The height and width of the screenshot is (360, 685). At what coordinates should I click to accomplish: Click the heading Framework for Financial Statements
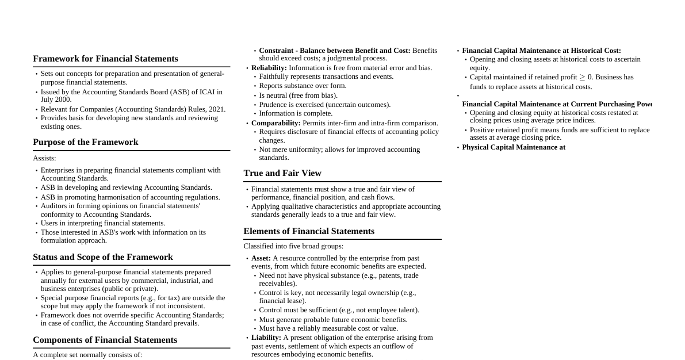[105, 59]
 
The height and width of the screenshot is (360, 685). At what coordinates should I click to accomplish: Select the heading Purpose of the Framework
[85, 142]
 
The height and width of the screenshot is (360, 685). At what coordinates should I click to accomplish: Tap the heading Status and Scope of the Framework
[102, 257]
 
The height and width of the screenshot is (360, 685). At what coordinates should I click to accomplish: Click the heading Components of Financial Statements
[105, 340]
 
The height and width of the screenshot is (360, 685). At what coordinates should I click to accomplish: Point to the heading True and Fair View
[282, 173]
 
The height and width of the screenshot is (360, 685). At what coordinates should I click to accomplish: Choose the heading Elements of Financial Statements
[308, 231]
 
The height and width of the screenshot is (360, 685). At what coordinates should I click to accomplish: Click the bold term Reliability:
[269, 68]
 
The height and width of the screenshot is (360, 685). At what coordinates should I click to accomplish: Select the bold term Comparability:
[275, 123]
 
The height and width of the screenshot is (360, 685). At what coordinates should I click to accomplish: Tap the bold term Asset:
[261, 258]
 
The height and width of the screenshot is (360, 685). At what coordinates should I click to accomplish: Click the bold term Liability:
[266, 338]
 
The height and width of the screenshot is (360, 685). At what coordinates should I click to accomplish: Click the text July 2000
[56, 99]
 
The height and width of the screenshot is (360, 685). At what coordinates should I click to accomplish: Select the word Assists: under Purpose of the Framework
[44, 158]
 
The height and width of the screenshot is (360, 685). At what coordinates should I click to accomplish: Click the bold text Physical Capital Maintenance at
[513, 147]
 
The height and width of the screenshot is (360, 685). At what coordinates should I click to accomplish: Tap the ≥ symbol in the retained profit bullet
[581, 77]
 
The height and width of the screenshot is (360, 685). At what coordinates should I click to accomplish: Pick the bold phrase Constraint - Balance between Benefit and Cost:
[334, 51]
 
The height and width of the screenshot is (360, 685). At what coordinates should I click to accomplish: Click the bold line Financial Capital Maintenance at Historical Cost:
[541, 51]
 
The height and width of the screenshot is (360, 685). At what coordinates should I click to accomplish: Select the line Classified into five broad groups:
[293, 246]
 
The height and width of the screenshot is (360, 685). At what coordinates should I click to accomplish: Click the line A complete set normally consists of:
[87, 355]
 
